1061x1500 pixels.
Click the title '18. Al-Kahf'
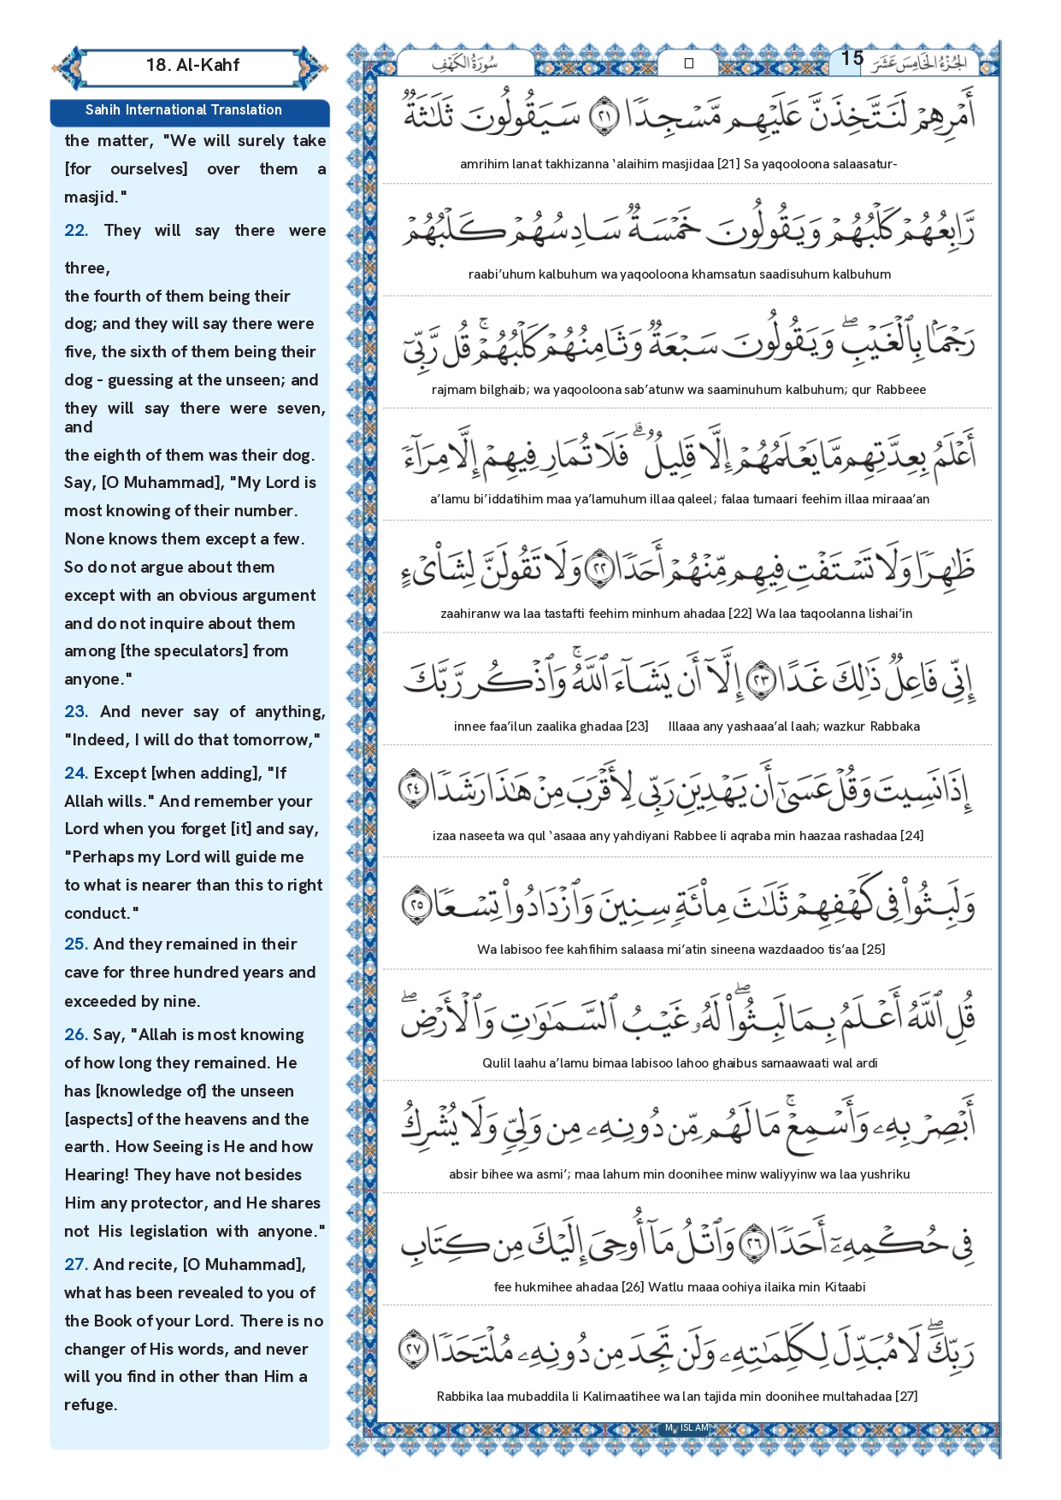192,65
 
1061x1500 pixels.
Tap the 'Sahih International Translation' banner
183,110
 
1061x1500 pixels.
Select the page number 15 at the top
852,58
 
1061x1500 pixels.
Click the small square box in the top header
689,63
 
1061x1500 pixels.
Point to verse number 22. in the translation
76,231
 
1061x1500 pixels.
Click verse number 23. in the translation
76,712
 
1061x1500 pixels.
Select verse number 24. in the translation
76,774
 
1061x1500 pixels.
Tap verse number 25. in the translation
76,944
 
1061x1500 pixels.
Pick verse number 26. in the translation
76,1035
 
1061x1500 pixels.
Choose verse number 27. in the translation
76,1265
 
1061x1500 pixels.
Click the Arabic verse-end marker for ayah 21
605,116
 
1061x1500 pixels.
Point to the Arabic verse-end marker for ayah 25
416,905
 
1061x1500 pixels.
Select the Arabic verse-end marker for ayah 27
414,1349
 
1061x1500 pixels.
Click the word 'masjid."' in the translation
96,197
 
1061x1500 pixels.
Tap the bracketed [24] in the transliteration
911,836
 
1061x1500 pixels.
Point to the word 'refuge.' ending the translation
91,1405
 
